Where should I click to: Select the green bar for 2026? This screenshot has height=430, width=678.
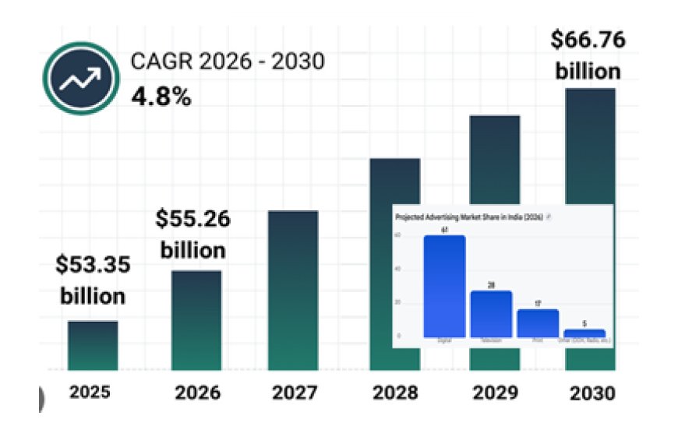(x=196, y=319)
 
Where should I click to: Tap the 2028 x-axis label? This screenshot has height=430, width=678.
(x=394, y=393)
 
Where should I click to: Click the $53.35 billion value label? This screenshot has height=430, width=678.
(x=92, y=280)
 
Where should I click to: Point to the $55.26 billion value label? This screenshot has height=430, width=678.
(x=191, y=234)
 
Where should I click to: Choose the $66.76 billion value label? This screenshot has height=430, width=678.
(x=588, y=55)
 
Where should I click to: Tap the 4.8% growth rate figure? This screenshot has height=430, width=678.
(x=161, y=98)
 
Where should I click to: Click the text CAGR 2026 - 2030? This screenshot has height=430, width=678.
(x=227, y=62)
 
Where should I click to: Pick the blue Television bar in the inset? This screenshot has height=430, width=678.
(x=491, y=313)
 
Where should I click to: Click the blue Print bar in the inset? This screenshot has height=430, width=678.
(x=538, y=322)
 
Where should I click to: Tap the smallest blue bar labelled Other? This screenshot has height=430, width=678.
(x=584, y=333)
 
